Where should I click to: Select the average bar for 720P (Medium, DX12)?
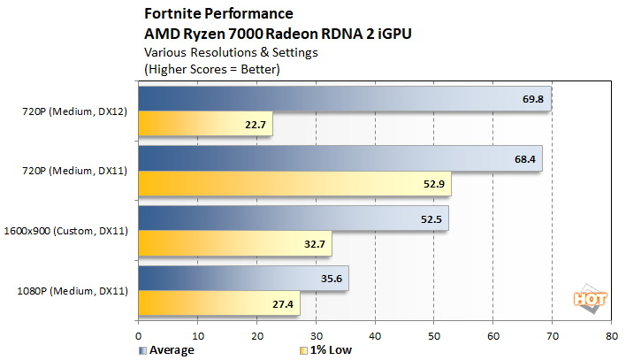coord(344,99)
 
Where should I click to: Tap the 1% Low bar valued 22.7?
coord(205,124)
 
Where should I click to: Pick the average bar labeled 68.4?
coord(340,159)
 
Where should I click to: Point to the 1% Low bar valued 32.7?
coord(234,244)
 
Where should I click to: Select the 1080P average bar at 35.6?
coord(243,279)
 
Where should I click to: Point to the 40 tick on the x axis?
coord(375,337)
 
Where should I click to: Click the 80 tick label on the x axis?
coord(611,337)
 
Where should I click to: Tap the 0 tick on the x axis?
coord(138,337)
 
